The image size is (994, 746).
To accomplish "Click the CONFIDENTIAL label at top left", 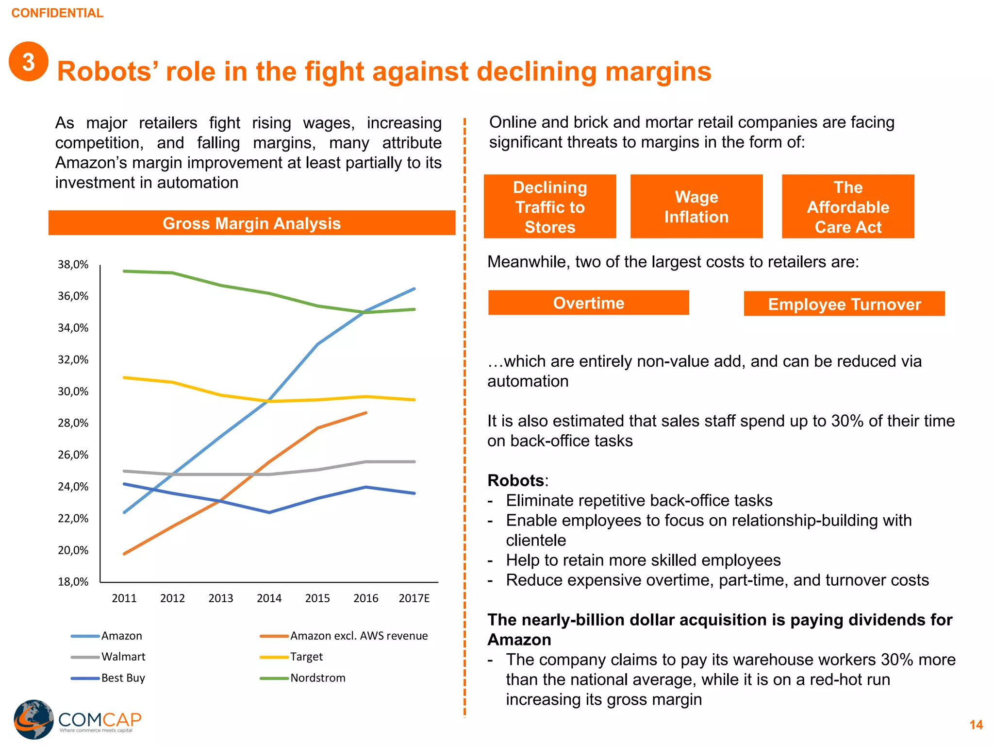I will click(x=57, y=13).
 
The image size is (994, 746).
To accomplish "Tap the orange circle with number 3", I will click(x=29, y=62).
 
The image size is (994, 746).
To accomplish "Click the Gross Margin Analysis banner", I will click(x=251, y=223).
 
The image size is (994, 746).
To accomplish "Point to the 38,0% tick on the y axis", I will click(x=73, y=265).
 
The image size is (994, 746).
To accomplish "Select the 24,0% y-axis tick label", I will click(x=73, y=487).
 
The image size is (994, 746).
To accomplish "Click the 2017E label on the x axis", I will click(x=414, y=598).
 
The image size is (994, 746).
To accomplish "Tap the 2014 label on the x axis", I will click(x=269, y=598).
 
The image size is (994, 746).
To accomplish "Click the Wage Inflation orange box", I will click(x=696, y=207).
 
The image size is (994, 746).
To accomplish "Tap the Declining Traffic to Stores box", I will click(x=549, y=207).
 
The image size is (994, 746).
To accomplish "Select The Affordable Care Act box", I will click(x=847, y=207).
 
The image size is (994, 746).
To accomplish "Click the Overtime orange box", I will click(x=588, y=303).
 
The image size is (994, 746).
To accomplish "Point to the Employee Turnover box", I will click(x=844, y=304).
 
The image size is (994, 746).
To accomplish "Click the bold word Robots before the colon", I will click(x=515, y=480).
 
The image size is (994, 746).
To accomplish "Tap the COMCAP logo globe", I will click(x=33, y=719).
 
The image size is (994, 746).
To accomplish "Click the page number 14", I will click(x=976, y=725).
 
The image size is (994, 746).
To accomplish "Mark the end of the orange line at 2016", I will click(x=366, y=413).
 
